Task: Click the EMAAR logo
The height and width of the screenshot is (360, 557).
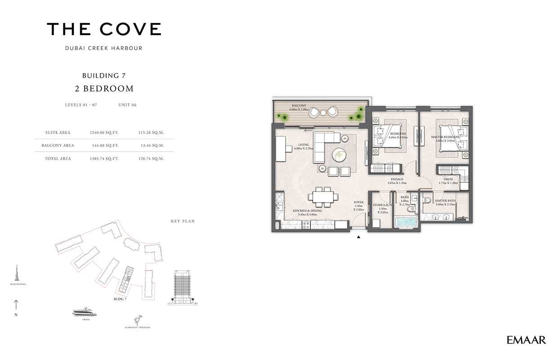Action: pos(526,340)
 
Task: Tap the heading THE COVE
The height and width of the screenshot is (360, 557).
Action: pos(104,30)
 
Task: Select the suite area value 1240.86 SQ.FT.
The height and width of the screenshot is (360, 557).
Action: pos(104,133)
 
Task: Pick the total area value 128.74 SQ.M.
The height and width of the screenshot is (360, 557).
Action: pos(152,158)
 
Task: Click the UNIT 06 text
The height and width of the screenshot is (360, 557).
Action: pos(127,105)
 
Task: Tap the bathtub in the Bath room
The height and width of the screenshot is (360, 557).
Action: pos(406,222)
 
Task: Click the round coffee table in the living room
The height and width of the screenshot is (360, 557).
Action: pos(340,156)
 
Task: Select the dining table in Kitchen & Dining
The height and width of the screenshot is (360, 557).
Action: pos(323,197)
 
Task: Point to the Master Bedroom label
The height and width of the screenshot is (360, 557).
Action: pos(445,137)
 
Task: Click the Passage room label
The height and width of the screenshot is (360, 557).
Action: pos(397,180)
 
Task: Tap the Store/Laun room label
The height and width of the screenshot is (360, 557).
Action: pos(382,205)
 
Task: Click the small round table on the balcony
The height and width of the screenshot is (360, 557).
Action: pos(323,112)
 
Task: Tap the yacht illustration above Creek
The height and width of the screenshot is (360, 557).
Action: pos(85,312)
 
